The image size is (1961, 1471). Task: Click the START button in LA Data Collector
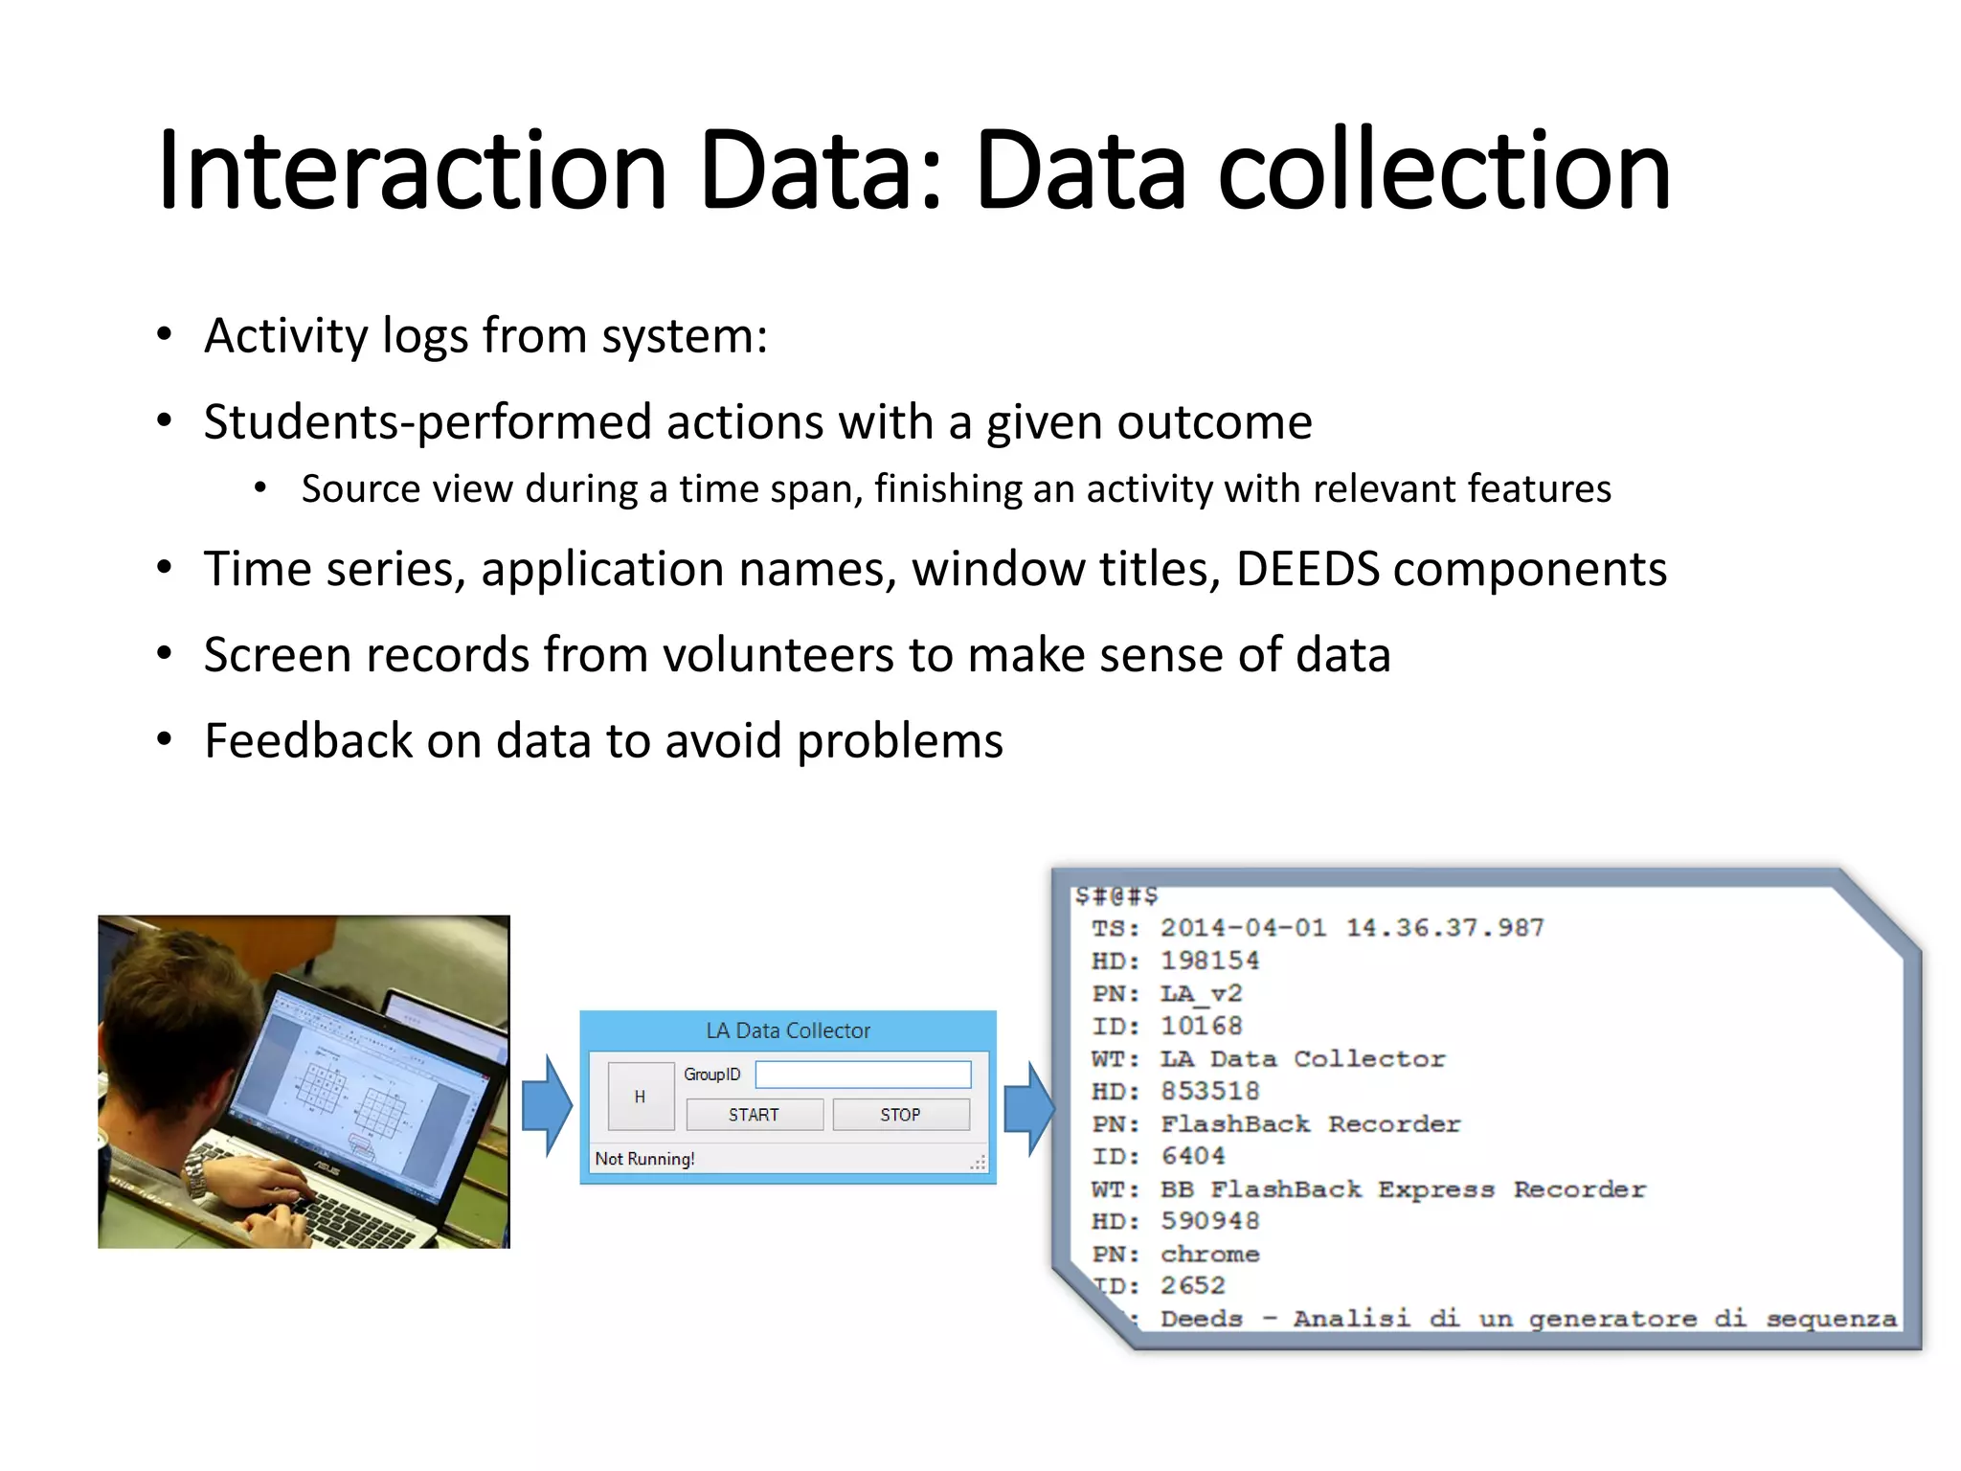click(x=754, y=1115)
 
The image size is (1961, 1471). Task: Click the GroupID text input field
click(x=863, y=1075)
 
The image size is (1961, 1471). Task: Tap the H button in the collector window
click(x=640, y=1097)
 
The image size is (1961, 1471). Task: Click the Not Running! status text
click(x=644, y=1159)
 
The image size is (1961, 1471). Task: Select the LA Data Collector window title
click(x=788, y=1030)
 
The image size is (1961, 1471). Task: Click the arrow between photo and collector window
click(x=547, y=1105)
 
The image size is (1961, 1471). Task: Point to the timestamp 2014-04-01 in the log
click(x=1243, y=928)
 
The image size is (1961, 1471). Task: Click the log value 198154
click(x=1209, y=961)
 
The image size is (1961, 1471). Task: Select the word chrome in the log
click(x=1209, y=1254)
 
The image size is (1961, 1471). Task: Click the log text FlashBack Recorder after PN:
click(x=1310, y=1123)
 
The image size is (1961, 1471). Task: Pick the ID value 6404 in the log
click(x=1192, y=1156)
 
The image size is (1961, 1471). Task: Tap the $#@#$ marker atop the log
click(x=1116, y=895)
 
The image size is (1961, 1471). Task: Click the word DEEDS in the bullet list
click(x=1307, y=569)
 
